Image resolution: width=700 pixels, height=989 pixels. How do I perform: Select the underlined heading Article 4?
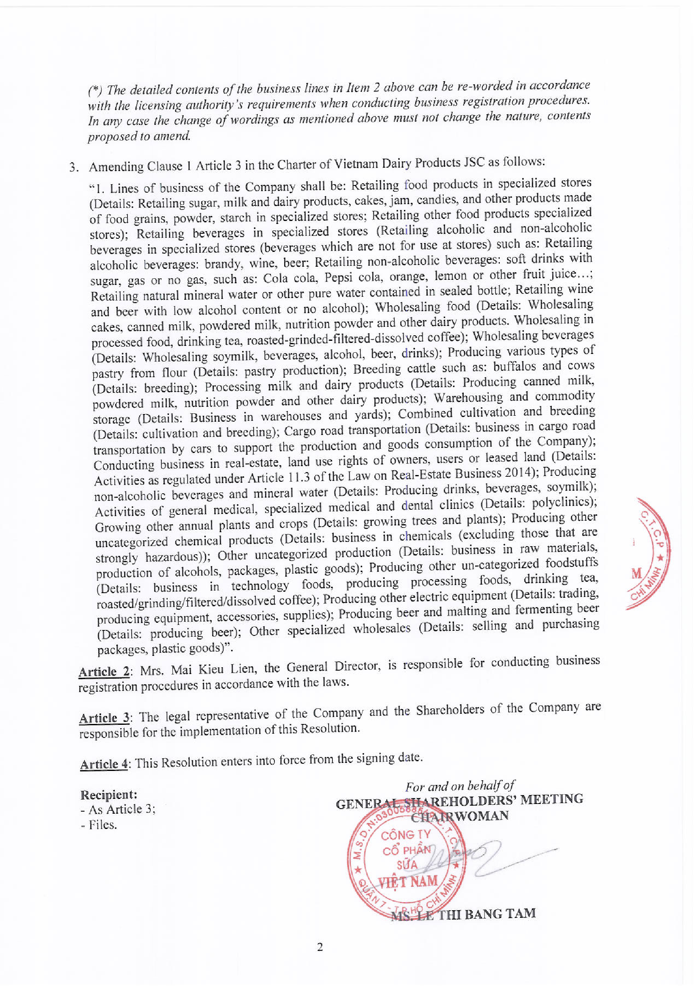pos(104,764)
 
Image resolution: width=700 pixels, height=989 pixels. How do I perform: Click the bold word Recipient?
pos(108,794)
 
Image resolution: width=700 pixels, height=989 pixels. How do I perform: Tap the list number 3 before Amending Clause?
pos(73,167)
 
